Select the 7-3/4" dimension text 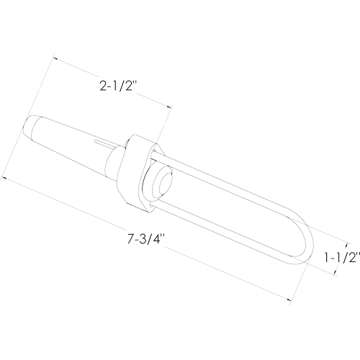(145, 238)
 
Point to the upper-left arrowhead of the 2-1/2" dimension (55, 58)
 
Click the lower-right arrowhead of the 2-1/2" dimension (170, 107)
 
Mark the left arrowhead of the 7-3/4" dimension (4, 178)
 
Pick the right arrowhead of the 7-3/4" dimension (289, 300)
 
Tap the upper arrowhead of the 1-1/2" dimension (346, 245)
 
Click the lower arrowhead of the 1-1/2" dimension (335, 271)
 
